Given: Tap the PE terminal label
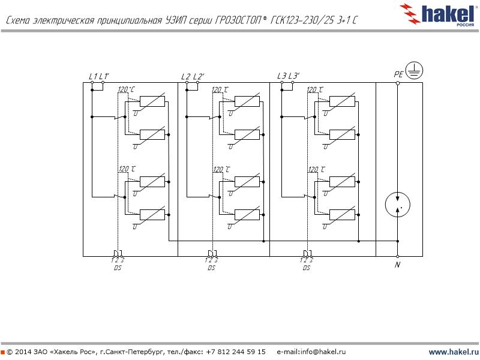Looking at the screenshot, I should point(398,75).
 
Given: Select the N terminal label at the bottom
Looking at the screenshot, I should point(397,265).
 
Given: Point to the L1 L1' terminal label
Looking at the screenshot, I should point(98,76).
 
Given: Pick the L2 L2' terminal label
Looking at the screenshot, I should point(193,76).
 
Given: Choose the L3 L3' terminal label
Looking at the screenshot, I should point(288,76).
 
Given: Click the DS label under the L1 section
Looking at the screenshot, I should point(118,268).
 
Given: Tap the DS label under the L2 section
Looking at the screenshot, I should point(211,268).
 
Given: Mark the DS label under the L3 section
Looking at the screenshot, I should point(307,268).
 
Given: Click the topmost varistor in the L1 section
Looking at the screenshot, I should point(152,101).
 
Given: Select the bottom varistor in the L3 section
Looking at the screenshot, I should point(343,215).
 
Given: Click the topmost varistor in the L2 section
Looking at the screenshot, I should point(247,101).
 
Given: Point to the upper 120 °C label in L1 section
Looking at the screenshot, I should point(126,90).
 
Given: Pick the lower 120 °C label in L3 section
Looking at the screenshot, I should point(316,170).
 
